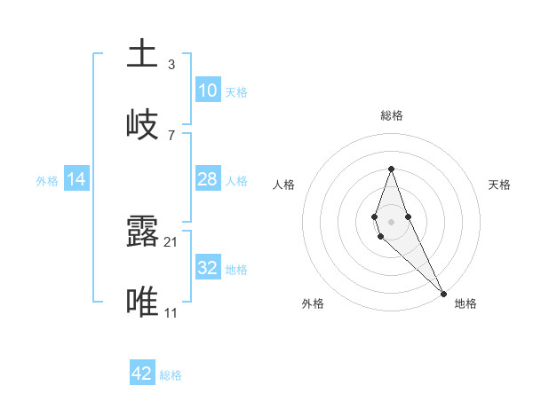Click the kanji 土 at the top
(142, 53)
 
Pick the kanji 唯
(142, 302)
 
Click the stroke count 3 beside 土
(171, 65)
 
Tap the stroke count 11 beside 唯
(171, 312)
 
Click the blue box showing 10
(207, 90)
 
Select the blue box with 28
(207, 179)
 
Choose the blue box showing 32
(207, 268)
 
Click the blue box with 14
(76, 179)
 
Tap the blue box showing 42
(142, 374)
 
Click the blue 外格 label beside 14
(47, 181)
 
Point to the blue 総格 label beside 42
(171, 375)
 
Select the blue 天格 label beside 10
(236, 92)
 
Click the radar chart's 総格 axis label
(391, 115)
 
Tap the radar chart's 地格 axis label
(465, 303)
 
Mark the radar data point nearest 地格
(443, 293)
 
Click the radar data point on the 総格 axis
(391, 169)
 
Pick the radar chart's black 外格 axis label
(313, 303)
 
